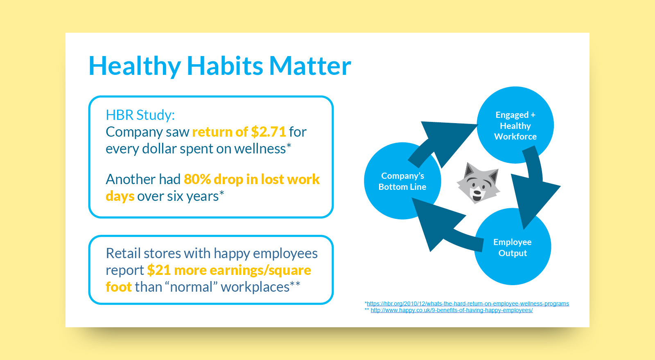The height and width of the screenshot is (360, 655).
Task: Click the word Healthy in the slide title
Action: [x=135, y=66]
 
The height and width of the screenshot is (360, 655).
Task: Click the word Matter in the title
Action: [x=310, y=66]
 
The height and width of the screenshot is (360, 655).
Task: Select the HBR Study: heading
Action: [x=140, y=115]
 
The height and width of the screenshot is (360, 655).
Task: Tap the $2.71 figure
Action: [x=269, y=132]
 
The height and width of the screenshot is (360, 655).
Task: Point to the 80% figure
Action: [x=197, y=179]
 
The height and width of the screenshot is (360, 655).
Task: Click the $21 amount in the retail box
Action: [x=159, y=270]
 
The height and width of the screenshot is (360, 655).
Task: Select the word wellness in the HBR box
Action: [x=260, y=149]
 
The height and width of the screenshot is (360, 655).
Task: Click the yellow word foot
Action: [x=119, y=287]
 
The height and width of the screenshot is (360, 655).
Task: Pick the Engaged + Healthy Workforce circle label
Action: [x=515, y=126]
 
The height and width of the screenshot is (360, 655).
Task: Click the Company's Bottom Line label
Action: [x=402, y=181]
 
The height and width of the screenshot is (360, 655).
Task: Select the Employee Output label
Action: [x=512, y=248]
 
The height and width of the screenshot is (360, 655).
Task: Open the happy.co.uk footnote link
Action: [x=452, y=310]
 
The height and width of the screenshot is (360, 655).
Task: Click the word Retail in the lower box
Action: [x=123, y=253]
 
